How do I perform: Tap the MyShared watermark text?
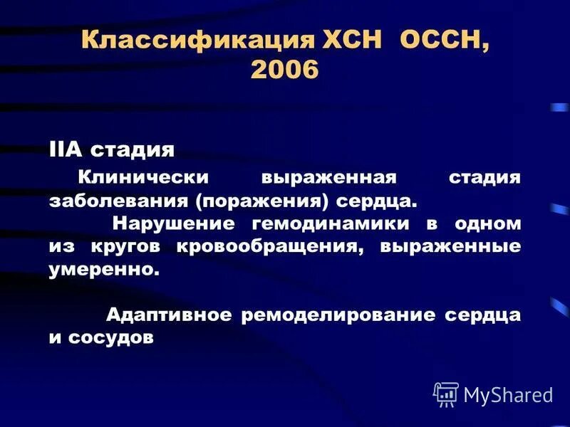508,394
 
